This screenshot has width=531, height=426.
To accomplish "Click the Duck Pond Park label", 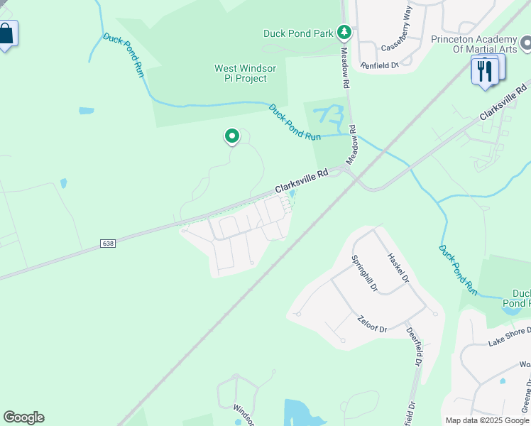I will [x=298, y=33].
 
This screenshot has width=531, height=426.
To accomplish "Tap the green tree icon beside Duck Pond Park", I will [x=344, y=32].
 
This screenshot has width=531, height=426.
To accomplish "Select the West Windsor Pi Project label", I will [x=245, y=73].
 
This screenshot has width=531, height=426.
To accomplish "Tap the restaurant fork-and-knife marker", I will [x=484, y=72].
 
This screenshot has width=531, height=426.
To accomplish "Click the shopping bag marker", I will [x=6, y=34].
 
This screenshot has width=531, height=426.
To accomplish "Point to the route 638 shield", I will [x=107, y=243].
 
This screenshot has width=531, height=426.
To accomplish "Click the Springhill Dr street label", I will [x=364, y=274].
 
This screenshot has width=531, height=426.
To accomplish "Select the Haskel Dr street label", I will [x=398, y=268].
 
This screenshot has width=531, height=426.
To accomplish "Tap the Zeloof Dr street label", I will [x=372, y=324].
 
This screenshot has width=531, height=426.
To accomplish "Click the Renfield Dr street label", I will [x=380, y=65].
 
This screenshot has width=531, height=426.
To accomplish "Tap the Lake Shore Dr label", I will [x=509, y=337].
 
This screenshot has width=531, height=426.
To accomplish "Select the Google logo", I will [x=23, y=417].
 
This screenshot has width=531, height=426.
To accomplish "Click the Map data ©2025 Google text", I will [x=487, y=420].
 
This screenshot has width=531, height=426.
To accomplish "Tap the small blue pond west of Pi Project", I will [x=87, y=111].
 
